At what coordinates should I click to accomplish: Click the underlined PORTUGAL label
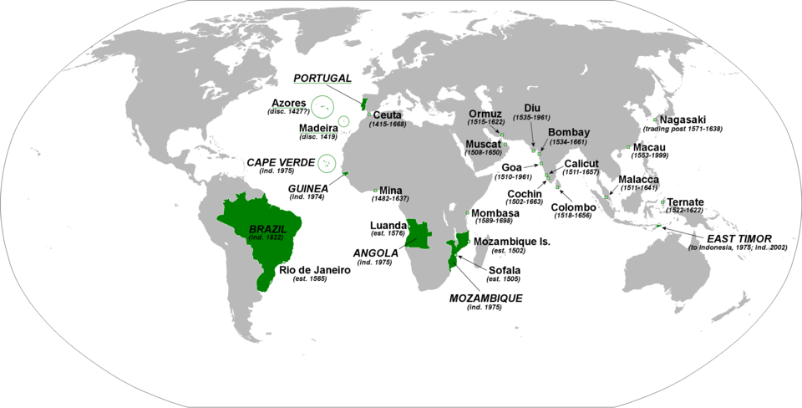322,78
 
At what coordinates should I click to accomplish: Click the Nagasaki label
689,119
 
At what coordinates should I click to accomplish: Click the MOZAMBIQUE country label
474,298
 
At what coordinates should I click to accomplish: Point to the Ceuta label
388,115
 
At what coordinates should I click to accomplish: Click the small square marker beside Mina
375,189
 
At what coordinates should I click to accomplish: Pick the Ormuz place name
485,113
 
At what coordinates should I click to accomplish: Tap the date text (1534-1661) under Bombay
569,142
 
